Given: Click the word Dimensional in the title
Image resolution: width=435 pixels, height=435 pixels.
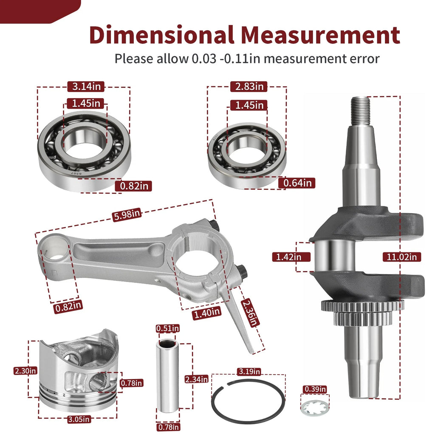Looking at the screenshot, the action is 161,35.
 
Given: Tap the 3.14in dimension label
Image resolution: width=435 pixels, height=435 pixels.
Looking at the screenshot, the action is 86,87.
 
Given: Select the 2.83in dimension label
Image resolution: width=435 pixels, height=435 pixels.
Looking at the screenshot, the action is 249,87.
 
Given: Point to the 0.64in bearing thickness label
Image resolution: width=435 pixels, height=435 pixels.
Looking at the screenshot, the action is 297,183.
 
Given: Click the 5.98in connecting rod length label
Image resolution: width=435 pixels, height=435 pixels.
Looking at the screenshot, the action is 127,215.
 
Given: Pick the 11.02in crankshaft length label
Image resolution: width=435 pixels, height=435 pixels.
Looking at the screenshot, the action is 401,257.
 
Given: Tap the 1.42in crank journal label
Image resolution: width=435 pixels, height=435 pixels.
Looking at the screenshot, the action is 288,257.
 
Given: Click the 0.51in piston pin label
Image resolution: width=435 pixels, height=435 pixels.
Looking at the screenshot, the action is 167,328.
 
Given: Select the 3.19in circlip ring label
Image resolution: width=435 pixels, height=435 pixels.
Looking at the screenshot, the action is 249,371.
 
